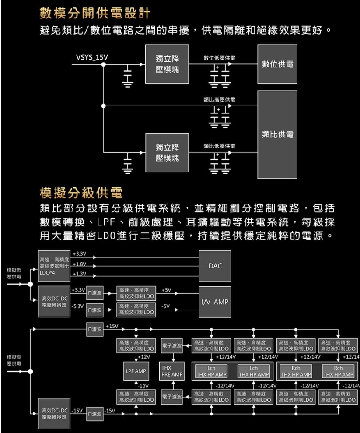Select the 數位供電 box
(x=277, y=64)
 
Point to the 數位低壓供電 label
(x=219, y=58)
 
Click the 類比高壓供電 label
(x=219, y=100)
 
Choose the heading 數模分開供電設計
(x=95, y=14)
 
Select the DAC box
(x=215, y=266)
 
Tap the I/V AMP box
(x=215, y=302)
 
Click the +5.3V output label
(x=78, y=290)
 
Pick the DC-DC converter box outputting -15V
(x=53, y=413)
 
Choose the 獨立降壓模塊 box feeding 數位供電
(x=167, y=64)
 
